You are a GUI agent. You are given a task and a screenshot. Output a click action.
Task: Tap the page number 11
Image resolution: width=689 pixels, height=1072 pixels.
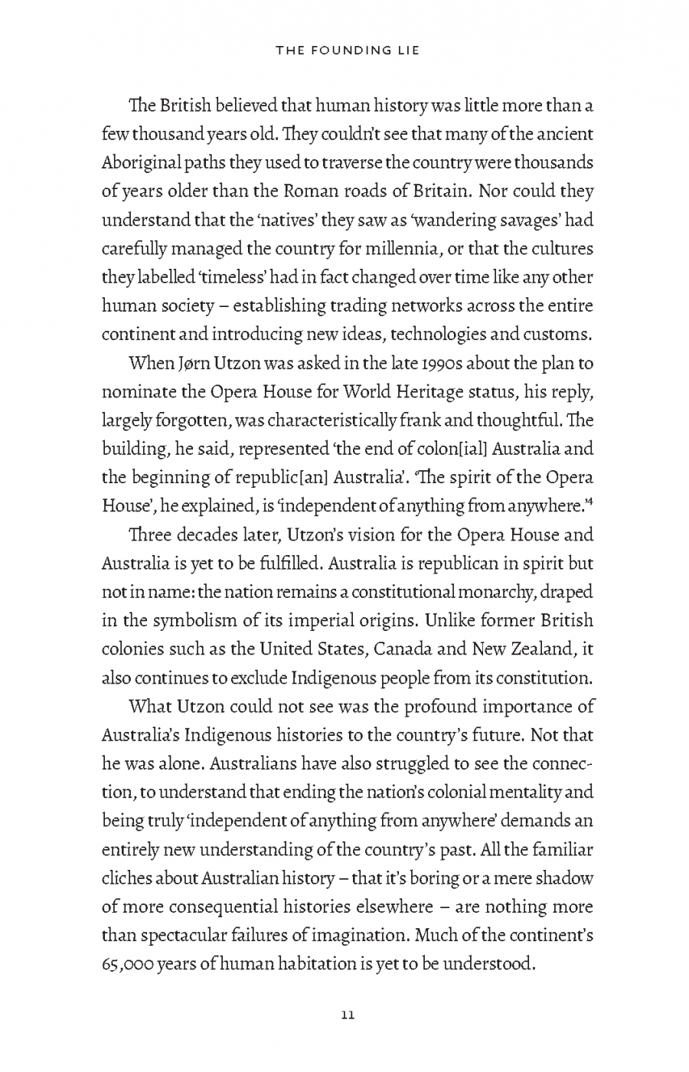(346, 1015)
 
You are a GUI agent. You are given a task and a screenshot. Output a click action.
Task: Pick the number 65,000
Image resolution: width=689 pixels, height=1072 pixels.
(126, 963)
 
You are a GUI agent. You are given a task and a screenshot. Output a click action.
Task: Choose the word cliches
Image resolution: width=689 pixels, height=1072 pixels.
(125, 878)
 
